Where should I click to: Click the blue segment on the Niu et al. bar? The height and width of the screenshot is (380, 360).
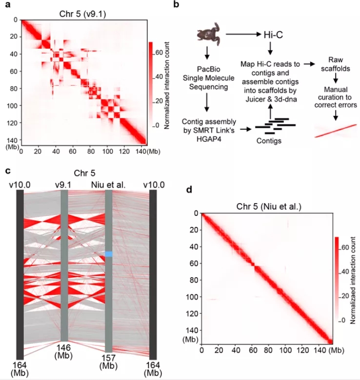(x=109, y=254)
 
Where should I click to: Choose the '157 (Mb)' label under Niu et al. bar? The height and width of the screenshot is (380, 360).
(x=109, y=362)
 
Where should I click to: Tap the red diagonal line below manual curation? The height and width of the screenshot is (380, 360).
(x=334, y=130)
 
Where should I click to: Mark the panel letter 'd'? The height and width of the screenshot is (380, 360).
(x=189, y=189)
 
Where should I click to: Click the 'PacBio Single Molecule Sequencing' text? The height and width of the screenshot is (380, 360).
(x=207, y=79)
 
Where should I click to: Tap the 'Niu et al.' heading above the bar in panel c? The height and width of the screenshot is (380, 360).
(x=108, y=184)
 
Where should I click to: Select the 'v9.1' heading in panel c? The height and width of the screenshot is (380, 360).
(x=64, y=184)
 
